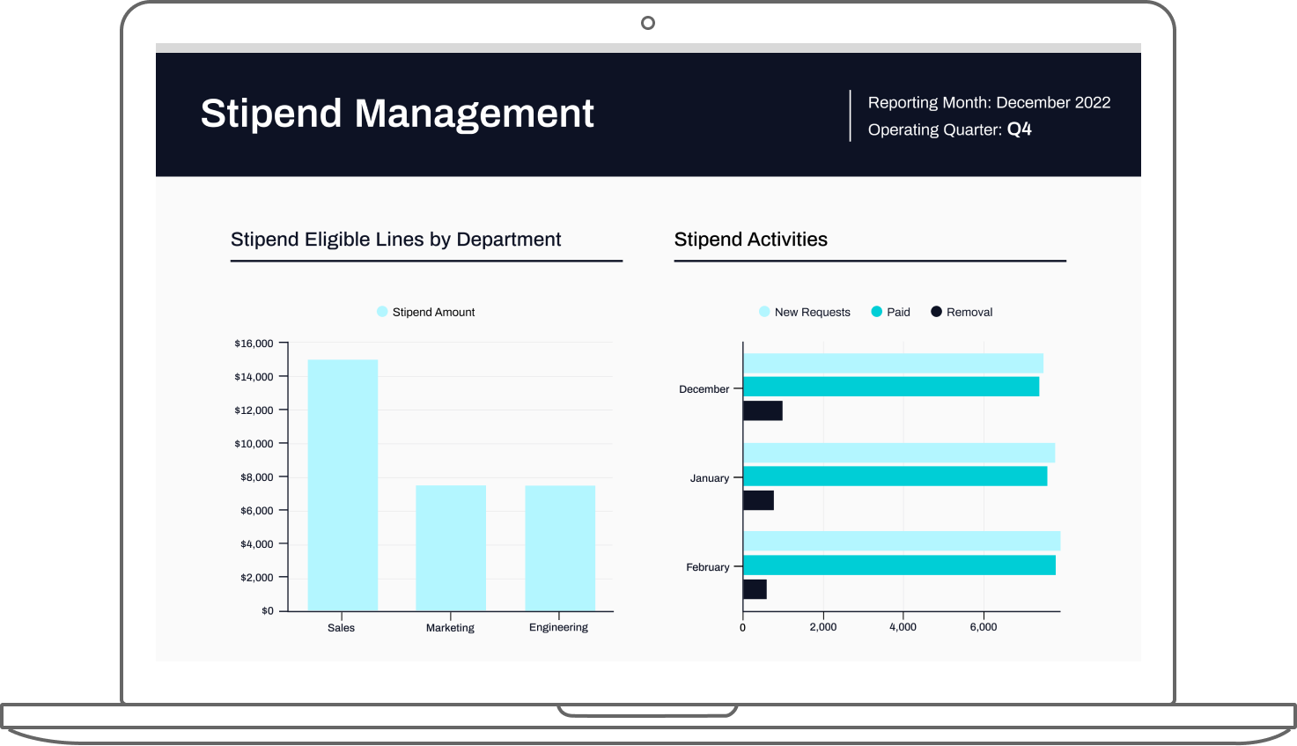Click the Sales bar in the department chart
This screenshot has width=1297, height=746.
click(x=343, y=484)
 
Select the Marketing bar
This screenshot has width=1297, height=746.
click(x=451, y=548)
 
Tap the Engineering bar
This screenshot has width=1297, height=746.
click(x=560, y=548)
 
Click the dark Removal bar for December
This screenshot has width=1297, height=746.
click(x=763, y=410)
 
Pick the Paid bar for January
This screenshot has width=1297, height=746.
click(x=895, y=476)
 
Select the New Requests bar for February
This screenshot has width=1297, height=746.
click(x=902, y=541)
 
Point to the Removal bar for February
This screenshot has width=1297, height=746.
click(x=755, y=589)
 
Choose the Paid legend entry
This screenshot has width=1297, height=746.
click(x=891, y=312)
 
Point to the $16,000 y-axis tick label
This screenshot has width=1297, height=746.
click(x=254, y=343)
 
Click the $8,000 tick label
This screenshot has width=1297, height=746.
click(x=256, y=477)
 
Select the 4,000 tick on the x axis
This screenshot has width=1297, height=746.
click(x=903, y=627)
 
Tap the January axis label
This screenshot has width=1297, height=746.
click(x=710, y=478)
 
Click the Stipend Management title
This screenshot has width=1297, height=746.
click(x=397, y=114)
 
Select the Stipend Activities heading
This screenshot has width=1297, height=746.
click(x=750, y=240)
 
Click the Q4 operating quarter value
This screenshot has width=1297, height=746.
click(x=1019, y=129)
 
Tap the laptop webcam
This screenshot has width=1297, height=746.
click(x=647, y=23)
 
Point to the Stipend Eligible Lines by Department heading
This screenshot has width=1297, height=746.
click(x=395, y=240)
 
